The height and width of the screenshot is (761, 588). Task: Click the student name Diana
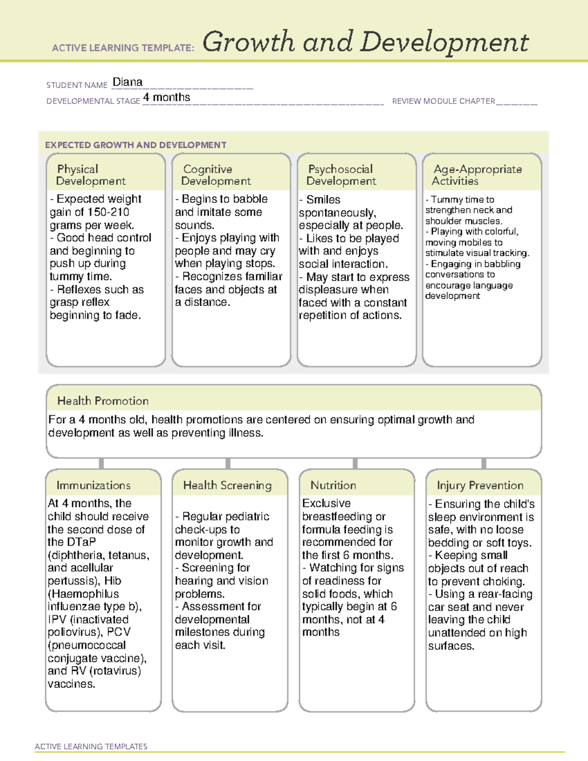pyautogui.click(x=127, y=82)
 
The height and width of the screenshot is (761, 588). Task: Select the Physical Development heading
pyautogui.click(x=91, y=175)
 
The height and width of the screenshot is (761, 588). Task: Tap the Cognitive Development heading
pyautogui.click(x=216, y=175)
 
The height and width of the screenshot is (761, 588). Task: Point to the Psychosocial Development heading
pyautogui.click(x=341, y=175)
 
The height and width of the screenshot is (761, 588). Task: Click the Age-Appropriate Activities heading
pyautogui.click(x=477, y=175)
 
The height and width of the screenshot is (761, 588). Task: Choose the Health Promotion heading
pyautogui.click(x=103, y=401)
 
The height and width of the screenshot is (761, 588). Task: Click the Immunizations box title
pyautogui.click(x=93, y=485)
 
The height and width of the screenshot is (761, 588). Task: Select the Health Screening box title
pyautogui.click(x=227, y=485)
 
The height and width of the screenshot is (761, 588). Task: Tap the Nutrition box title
pyautogui.click(x=333, y=485)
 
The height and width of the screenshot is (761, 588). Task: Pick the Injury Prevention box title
pyautogui.click(x=480, y=485)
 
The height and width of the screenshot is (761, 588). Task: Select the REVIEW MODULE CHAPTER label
pyautogui.click(x=443, y=101)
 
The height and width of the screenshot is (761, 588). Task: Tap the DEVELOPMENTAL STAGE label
pyautogui.click(x=93, y=101)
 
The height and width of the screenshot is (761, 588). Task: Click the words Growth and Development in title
pyautogui.click(x=366, y=42)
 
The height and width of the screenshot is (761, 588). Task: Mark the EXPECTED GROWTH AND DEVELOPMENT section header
pyautogui.click(x=136, y=145)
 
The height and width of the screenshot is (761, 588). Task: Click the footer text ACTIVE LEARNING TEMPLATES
pyautogui.click(x=91, y=746)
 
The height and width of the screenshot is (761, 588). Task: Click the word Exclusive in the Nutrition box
pyautogui.click(x=326, y=503)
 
